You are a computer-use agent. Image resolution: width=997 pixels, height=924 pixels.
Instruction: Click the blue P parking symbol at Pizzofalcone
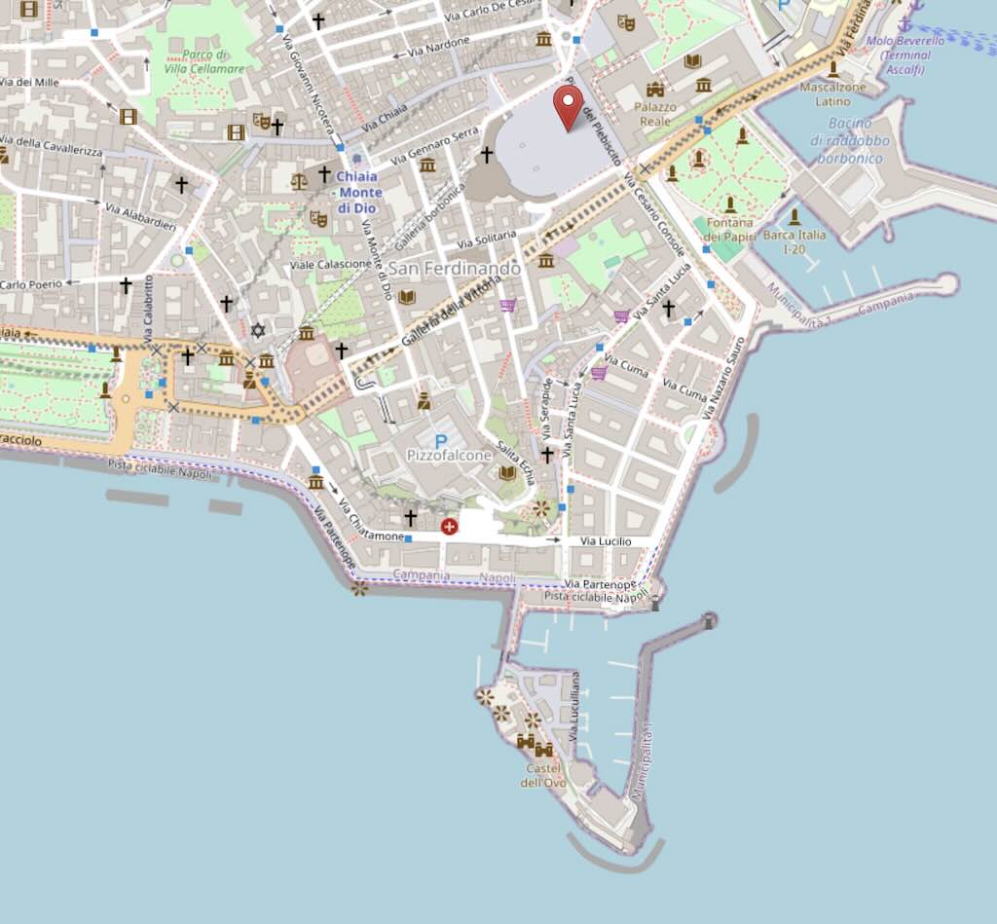click(x=441, y=441)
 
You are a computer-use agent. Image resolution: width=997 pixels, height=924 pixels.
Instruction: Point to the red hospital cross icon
click(x=449, y=527)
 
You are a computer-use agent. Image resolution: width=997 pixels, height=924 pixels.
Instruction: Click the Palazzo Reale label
click(x=653, y=114)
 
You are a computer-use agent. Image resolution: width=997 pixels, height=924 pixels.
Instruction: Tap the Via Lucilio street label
click(x=606, y=541)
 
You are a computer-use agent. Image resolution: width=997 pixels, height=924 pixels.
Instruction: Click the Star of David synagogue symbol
click(x=258, y=331)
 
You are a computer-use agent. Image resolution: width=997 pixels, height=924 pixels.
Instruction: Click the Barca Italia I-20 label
click(x=794, y=241)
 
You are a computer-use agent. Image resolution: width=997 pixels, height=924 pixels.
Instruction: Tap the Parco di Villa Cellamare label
click(x=205, y=62)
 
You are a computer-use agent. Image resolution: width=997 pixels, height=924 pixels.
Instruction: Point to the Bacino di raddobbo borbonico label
click(x=849, y=140)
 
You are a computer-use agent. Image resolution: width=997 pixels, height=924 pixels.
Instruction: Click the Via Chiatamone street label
click(x=371, y=536)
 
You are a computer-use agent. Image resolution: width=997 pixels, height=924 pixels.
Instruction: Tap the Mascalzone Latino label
click(x=832, y=93)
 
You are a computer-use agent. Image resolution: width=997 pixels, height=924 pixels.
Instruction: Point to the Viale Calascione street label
click(x=330, y=265)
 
